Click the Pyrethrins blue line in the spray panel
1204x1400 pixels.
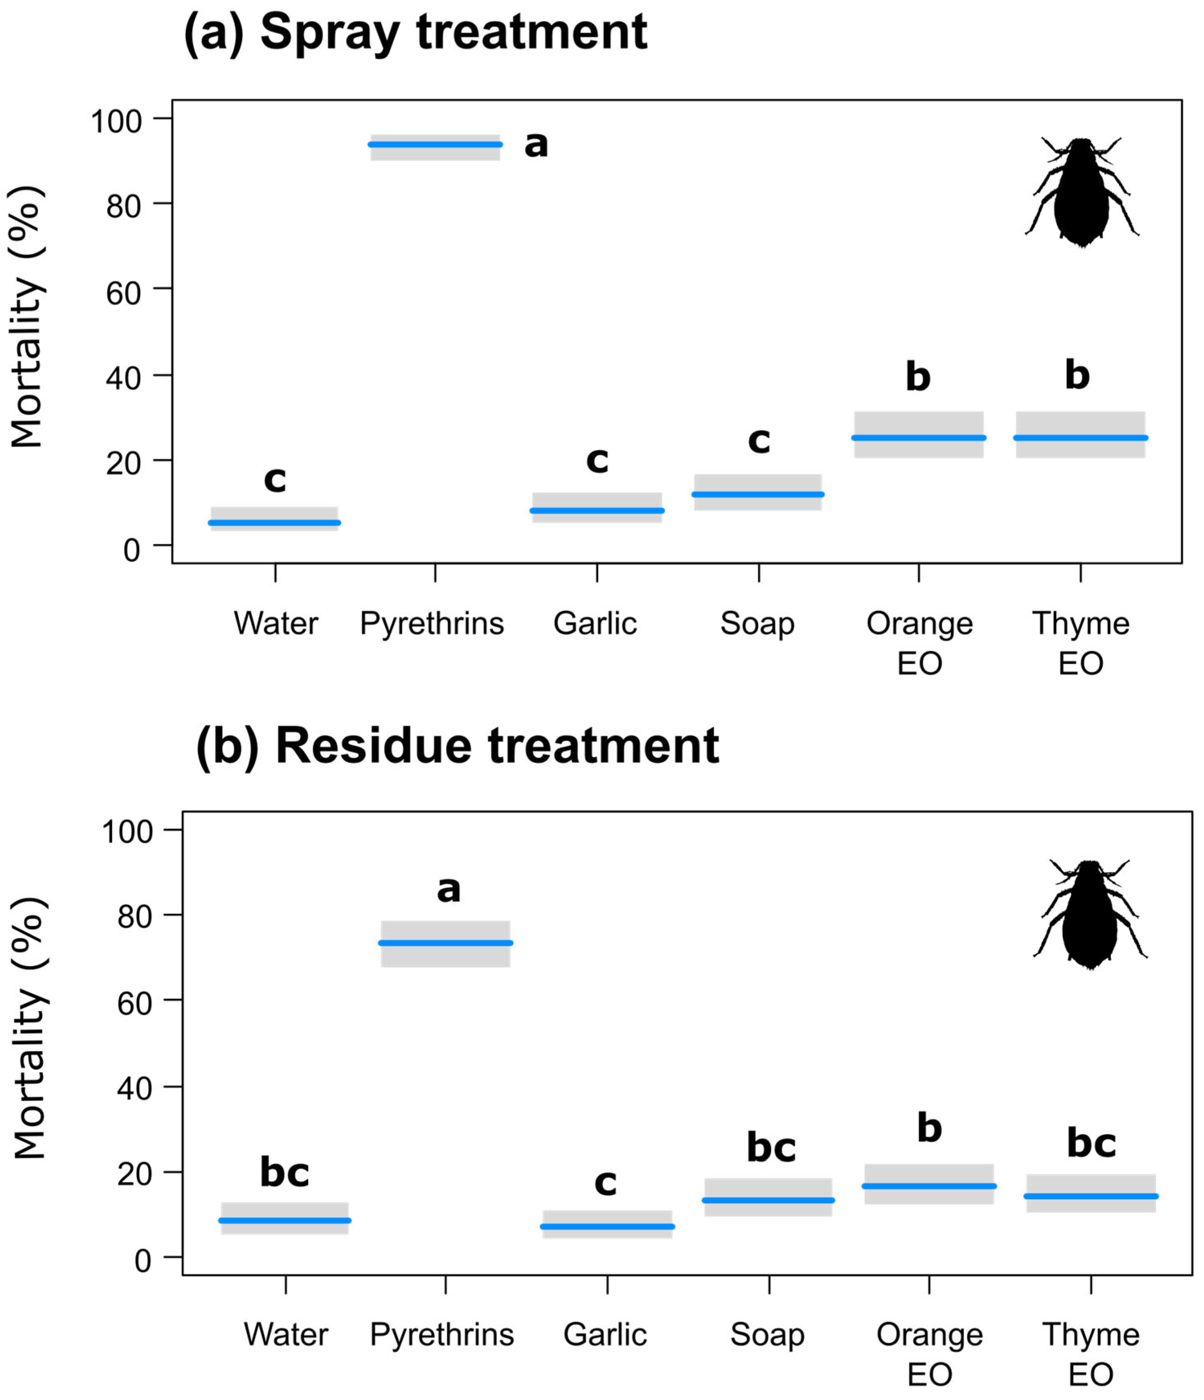pos(435,144)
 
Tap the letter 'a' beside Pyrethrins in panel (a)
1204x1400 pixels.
pos(536,144)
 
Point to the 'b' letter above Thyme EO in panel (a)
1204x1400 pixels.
pos(1077,375)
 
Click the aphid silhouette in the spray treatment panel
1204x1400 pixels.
pos(1081,193)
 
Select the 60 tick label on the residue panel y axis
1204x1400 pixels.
pos(134,1003)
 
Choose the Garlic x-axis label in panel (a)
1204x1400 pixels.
pos(595,623)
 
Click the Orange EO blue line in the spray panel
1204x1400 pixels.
pos(918,438)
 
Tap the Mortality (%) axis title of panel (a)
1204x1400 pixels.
pos(27,318)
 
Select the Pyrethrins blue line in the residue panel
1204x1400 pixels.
pos(445,942)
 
